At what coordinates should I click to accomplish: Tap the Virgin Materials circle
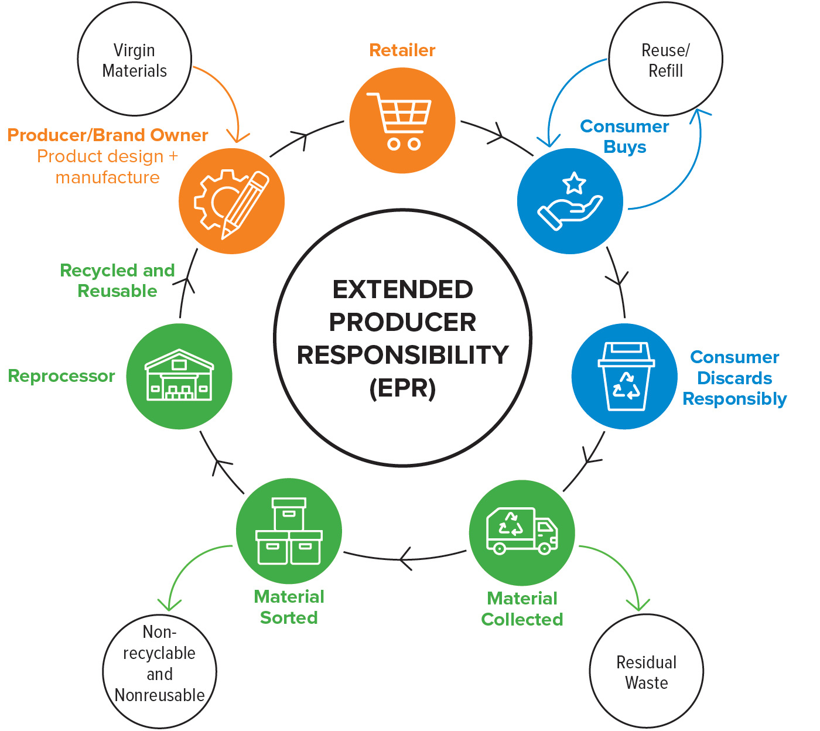click(x=135, y=60)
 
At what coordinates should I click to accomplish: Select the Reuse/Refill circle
click(x=665, y=60)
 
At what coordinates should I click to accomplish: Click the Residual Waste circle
click(x=646, y=672)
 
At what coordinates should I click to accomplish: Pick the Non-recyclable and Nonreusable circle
click(x=159, y=672)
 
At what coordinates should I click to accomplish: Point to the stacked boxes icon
click(x=289, y=531)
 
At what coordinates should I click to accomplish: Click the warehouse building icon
click(x=179, y=376)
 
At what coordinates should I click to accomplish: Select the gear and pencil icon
click(x=231, y=201)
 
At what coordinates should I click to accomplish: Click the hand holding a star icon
click(x=570, y=201)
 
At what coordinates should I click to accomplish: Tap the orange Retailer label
click(x=402, y=50)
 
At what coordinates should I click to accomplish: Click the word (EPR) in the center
click(x=402, y=388)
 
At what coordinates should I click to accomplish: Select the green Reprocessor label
click(x=61, y=376)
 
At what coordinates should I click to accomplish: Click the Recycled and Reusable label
click(x=117, y=281)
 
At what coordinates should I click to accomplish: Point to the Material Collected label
click(x=522, y=609)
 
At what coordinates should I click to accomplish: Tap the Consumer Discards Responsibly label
click(x=734, y=378)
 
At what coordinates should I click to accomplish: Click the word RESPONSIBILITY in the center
click(x=402, y=355)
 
